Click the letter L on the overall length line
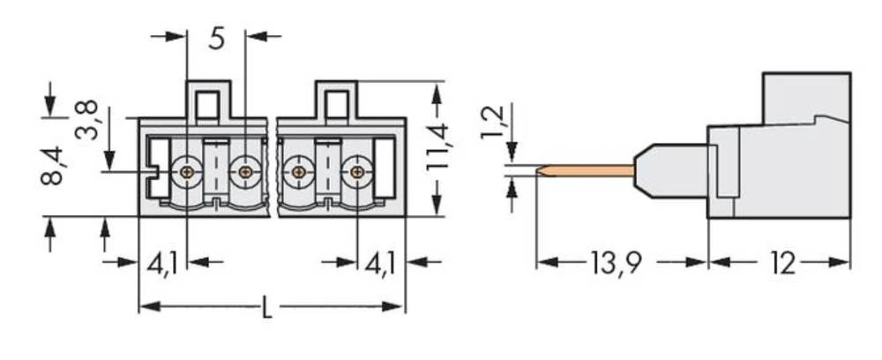(x=268, y=308)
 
